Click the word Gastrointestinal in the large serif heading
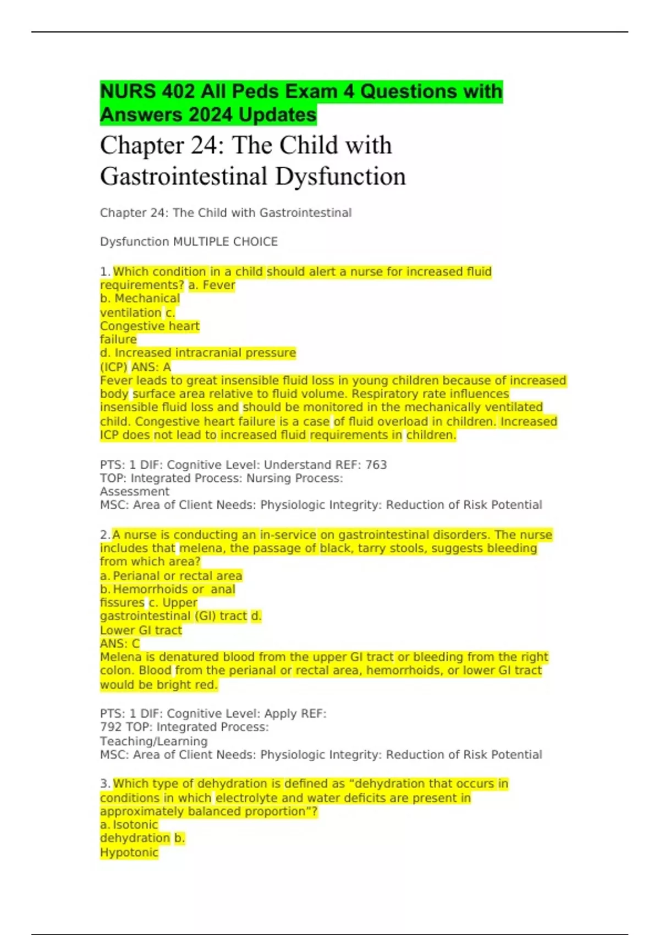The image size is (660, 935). (184, 177)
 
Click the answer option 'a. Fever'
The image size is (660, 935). (212, 285)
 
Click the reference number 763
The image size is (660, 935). (376, 465)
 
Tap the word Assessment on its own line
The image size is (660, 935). (135, 492)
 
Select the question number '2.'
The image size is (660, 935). (105, 535)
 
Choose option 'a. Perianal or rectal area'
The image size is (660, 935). (171, 576)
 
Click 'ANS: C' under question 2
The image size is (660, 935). (120, 643)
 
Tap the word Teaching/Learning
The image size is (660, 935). (154, 741)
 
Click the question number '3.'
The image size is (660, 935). (105, 784)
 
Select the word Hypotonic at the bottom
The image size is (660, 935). (129, 853)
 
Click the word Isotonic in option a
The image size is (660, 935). (135, 825)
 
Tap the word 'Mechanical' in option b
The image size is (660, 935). (147, 299)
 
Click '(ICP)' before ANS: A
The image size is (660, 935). (114, 367)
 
